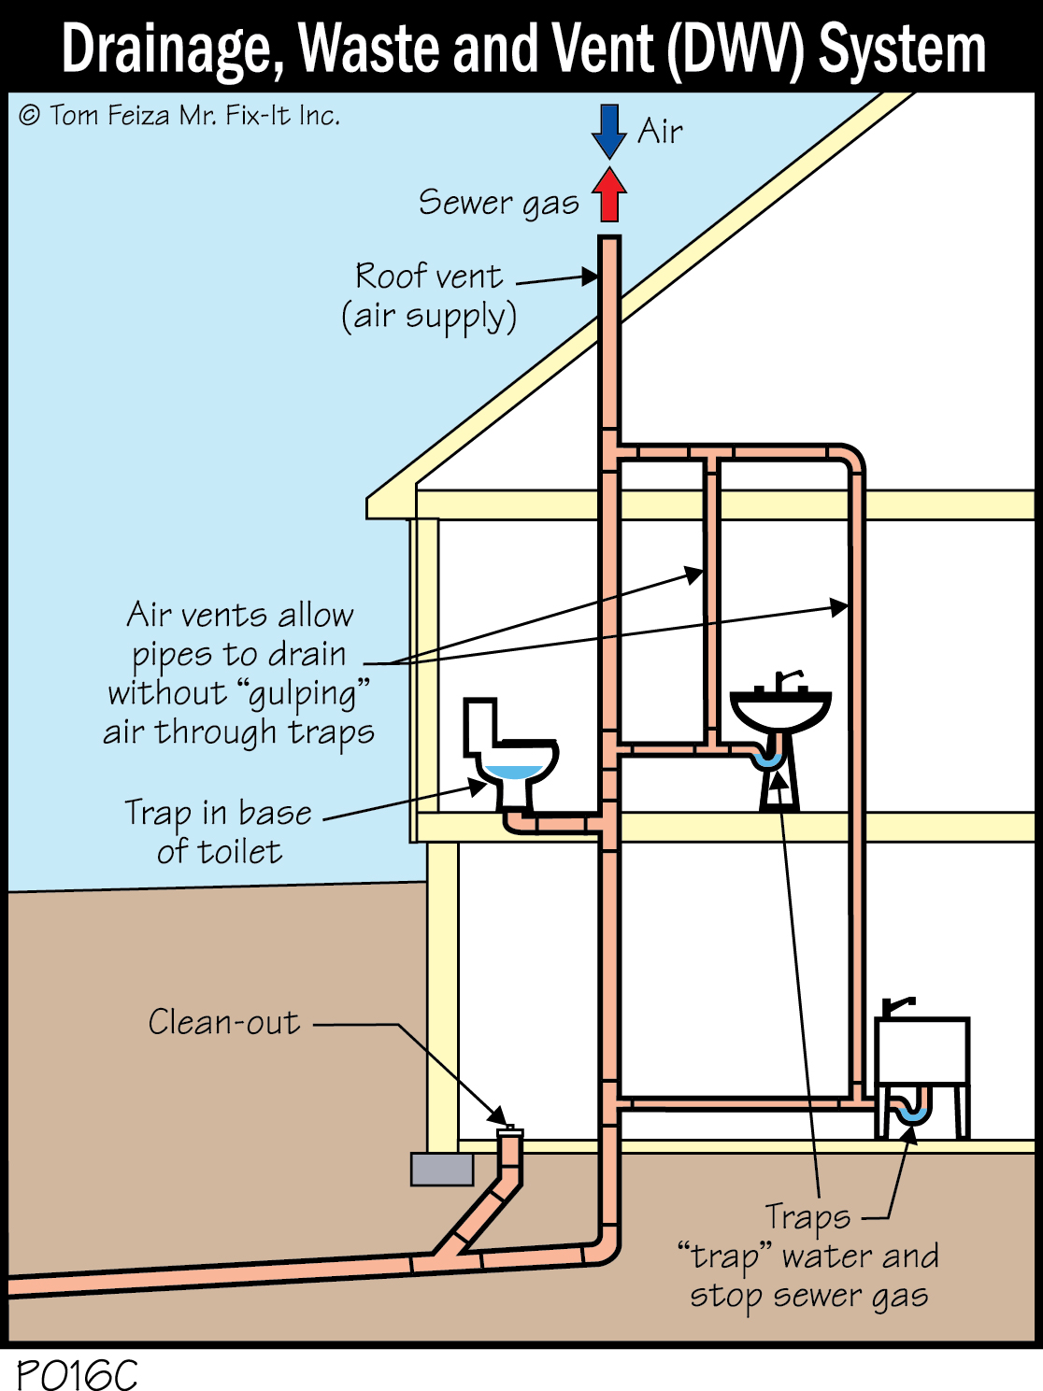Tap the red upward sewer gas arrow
point(608,194)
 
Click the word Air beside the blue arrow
point(660,132)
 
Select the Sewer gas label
point(498,203)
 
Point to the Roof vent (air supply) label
point(429,296)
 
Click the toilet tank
point(480,725)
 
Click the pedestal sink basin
point(779,709)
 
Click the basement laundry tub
point(922,1051)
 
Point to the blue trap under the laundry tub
point(911,1113)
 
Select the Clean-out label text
point(224,1022)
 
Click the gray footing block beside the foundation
point(442,1170)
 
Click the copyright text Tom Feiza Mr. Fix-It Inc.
point(179,116)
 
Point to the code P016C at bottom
point(77,1374)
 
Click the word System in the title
point(902,49)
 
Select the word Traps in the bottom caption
point(807,1217)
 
